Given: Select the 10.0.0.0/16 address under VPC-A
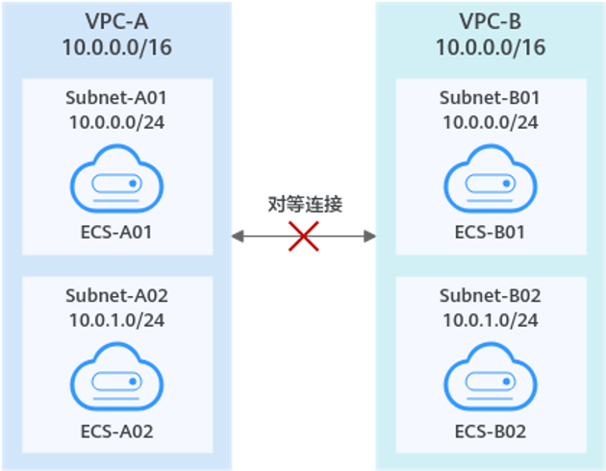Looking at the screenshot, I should (116, 46).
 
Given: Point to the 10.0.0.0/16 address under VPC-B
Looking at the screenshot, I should (490, 46).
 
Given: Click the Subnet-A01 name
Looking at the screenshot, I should (116, 98).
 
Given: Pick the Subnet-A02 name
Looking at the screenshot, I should (116, 295).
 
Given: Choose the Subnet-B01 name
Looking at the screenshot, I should (490, 98).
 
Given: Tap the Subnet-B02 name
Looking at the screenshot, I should (490, 295).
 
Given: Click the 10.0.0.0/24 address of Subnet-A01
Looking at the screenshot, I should (116, 122).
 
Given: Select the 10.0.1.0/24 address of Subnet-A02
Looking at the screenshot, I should (116, 319).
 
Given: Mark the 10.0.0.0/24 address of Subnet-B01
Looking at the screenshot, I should (490, 122).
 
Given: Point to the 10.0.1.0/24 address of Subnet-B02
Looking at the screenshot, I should (490, 319).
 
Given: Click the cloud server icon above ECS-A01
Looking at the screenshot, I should (116, 179).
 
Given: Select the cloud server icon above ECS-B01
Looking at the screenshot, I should (490, 179).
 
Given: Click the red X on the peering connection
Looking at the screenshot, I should (304, 235).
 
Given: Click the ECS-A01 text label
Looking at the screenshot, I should (116, 232).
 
